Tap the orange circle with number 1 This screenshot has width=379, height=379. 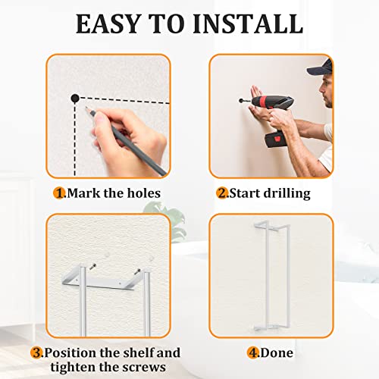59,193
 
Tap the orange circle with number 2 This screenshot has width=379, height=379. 223,193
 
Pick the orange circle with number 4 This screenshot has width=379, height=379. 253,352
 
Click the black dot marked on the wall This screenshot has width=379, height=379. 75,97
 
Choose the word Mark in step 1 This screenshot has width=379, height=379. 83,193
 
